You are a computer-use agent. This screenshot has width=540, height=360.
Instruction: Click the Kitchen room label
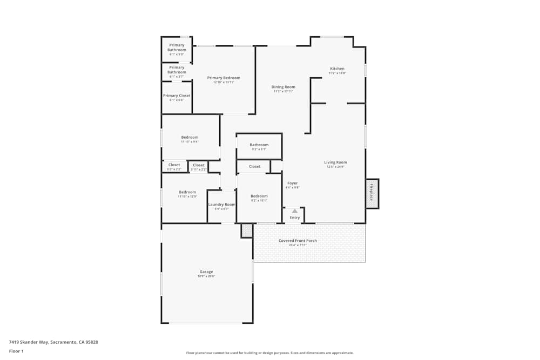tap(337, 69)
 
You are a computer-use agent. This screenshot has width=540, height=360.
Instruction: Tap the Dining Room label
tap(283, 87)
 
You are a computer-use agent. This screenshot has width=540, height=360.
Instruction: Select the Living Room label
tap(335, 162)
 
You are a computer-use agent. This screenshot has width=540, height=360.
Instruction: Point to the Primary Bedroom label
tap(224, 78)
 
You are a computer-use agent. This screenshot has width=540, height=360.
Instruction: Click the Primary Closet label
tap(177, 96)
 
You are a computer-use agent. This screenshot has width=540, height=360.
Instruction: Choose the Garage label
tap(206, 272)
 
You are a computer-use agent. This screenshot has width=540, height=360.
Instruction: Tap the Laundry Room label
tap(222, 205)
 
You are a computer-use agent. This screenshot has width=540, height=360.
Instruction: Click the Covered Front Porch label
tap(298, 241)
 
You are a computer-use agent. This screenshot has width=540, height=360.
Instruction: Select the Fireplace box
tap(372, 193)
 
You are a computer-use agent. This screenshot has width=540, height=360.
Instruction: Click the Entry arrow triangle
tap(294, 211)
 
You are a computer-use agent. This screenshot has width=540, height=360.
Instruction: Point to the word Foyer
tap(292, 183)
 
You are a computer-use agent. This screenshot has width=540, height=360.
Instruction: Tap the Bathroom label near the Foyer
tap(259, 145)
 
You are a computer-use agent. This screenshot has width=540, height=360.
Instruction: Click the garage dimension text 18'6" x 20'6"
tap(206, 276)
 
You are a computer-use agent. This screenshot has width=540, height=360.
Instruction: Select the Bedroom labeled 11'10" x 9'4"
tap(190, 137)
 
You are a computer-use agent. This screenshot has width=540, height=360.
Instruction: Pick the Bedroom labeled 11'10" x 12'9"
tap(187, 192)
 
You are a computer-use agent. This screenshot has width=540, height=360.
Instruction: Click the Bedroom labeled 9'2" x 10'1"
tap(259, 196)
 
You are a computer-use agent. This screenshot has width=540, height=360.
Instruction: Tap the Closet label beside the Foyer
tap(255, 166)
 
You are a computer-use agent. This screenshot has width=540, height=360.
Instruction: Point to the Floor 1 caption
tap(16, 351)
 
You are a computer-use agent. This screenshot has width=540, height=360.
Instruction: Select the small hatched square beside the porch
tap(247, 230)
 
